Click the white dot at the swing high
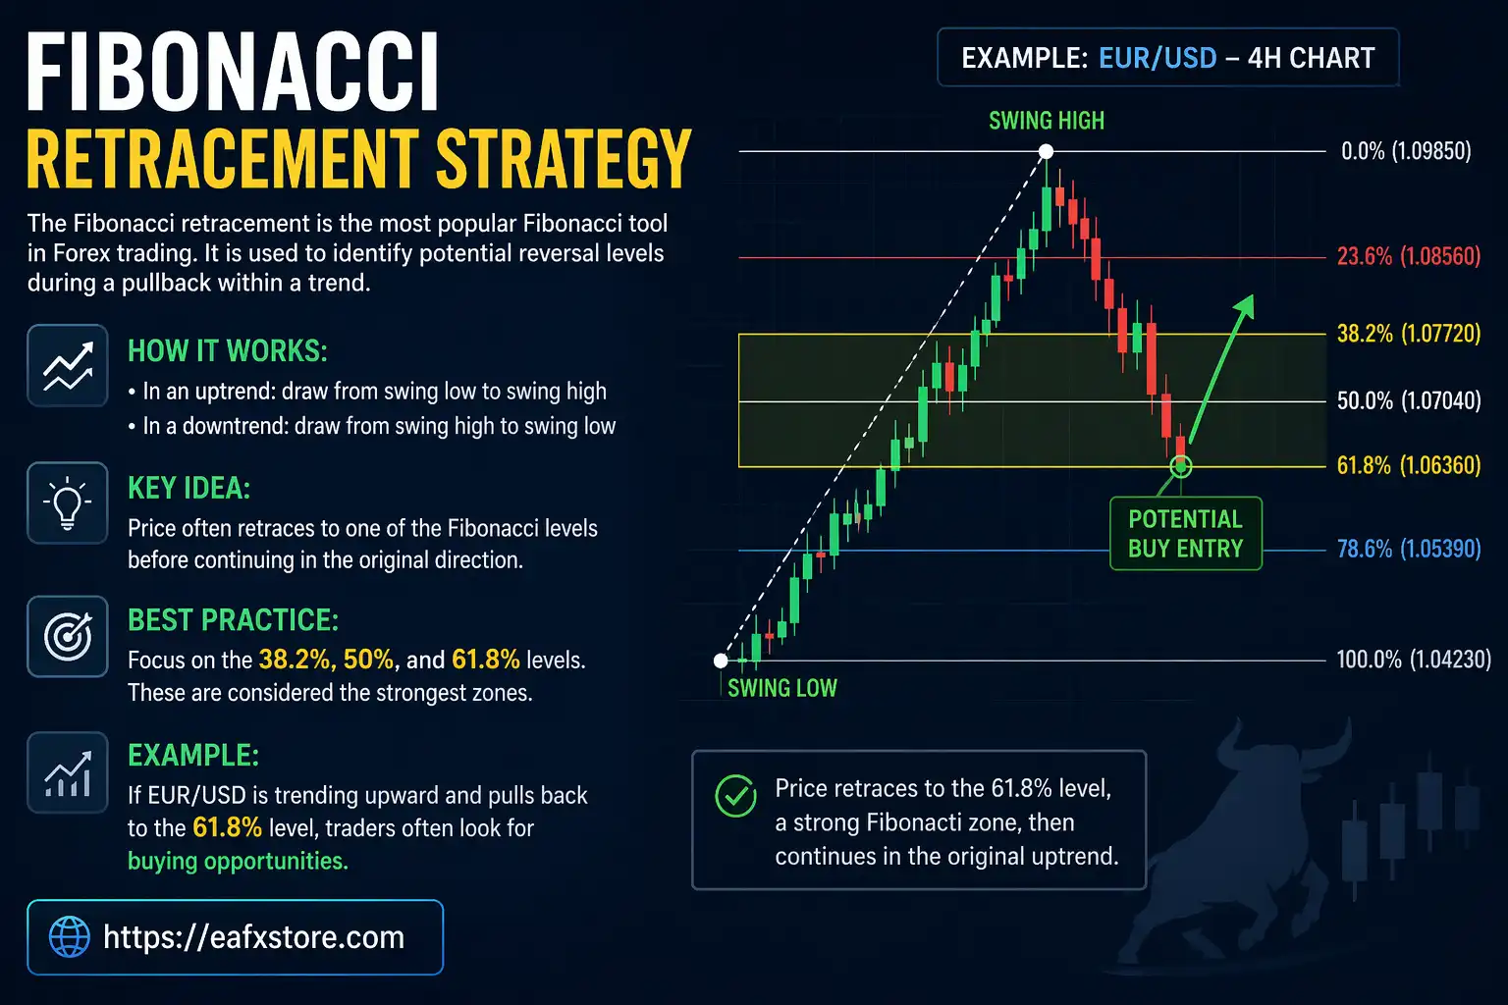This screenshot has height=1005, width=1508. pyautogui.click(x=1047, y=151)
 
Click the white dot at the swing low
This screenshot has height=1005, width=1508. pyautogui.click(x=721, y=661)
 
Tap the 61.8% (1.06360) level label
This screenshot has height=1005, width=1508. pyautogui.click(x=1408, y=465)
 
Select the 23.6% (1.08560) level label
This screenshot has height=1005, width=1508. pyautogui.click(x=1408, y=257)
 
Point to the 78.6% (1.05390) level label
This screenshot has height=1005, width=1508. pyautogui.click(x=1408, y=549)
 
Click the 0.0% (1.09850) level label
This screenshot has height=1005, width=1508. pyautogui.click(x=1406, y=151)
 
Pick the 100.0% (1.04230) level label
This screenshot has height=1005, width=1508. pyautogui.click(x=1413, y=660)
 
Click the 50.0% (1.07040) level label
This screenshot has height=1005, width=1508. pyautogui.click(x=1408, y=400)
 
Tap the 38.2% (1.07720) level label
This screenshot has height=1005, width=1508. pyautogui.click(x=1408, y=334)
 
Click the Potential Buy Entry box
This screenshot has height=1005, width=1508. pyautogui.click(x=1185, y=534)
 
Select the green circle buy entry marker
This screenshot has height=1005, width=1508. pyautogui.click(x=1181, y=466)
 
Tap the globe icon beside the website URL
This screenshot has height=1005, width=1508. pyautogui.click(x=70, y=937)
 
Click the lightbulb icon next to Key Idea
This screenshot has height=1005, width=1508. pyautogui.click(x=67, y=502)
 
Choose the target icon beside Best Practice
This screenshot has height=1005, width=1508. pyautogui.click(x=67, y=637)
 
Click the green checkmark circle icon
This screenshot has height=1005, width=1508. pyautogui.click(x=735, y=796)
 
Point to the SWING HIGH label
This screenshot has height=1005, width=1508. pyautogui.click(x=1047, y=121)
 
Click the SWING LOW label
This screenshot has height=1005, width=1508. pyautogui.click(x=781, y=688)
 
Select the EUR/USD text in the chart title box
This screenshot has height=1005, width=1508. pyautogui.click(x=1158, y=59)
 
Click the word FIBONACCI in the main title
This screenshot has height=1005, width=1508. pyautogui.click(x=233, y=75)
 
